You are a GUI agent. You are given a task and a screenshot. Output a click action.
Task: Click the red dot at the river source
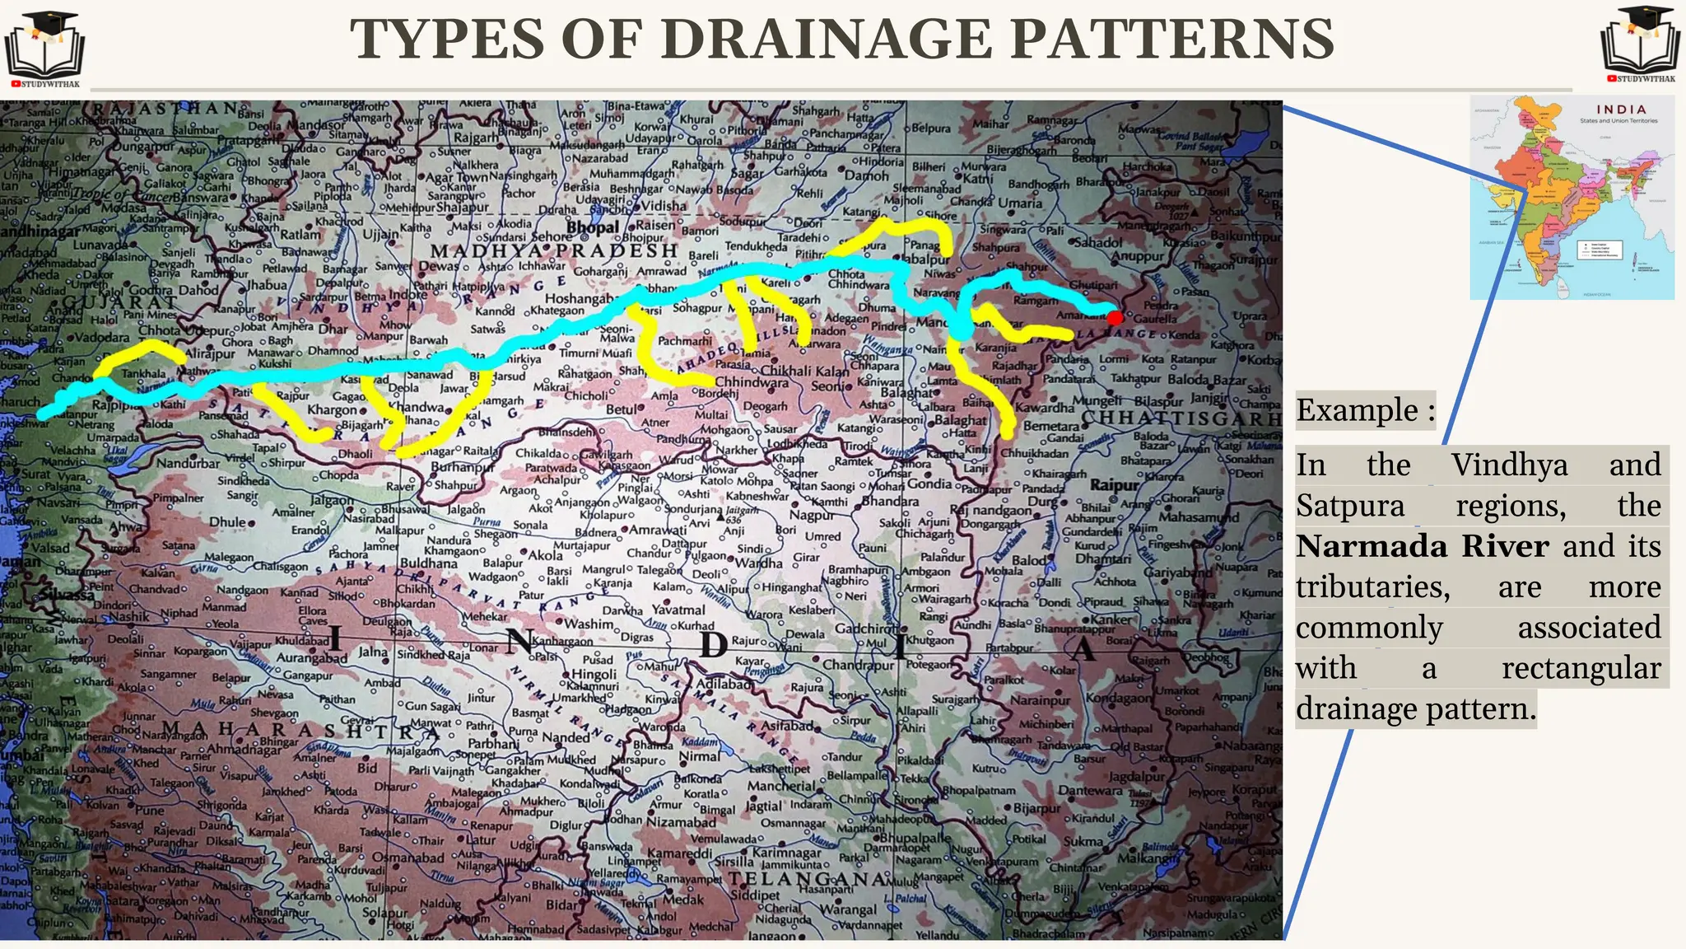point(1115,318)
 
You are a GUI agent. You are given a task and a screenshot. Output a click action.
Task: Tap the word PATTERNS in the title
point(1170,40)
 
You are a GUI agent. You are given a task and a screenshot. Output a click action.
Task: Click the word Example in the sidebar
point(1358,410)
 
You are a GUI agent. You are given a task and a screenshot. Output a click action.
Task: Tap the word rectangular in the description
point(1581,668)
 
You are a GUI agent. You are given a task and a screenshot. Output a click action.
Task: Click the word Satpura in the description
point(1350,505)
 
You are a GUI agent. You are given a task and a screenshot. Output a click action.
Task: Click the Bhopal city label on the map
point(592,227)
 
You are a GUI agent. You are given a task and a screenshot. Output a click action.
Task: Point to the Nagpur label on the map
point(811,516)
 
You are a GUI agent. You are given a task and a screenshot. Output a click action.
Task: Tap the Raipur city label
point(1115,485)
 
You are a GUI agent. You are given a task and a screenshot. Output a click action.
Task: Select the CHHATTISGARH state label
point(1181,418)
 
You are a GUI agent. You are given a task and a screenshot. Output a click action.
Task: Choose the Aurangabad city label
point(312,658)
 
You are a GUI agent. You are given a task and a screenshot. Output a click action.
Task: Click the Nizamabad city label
point(681,822)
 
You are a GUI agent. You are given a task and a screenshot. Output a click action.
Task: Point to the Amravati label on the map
point(658,530)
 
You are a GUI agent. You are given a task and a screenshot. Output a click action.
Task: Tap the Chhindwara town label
point(751,382)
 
